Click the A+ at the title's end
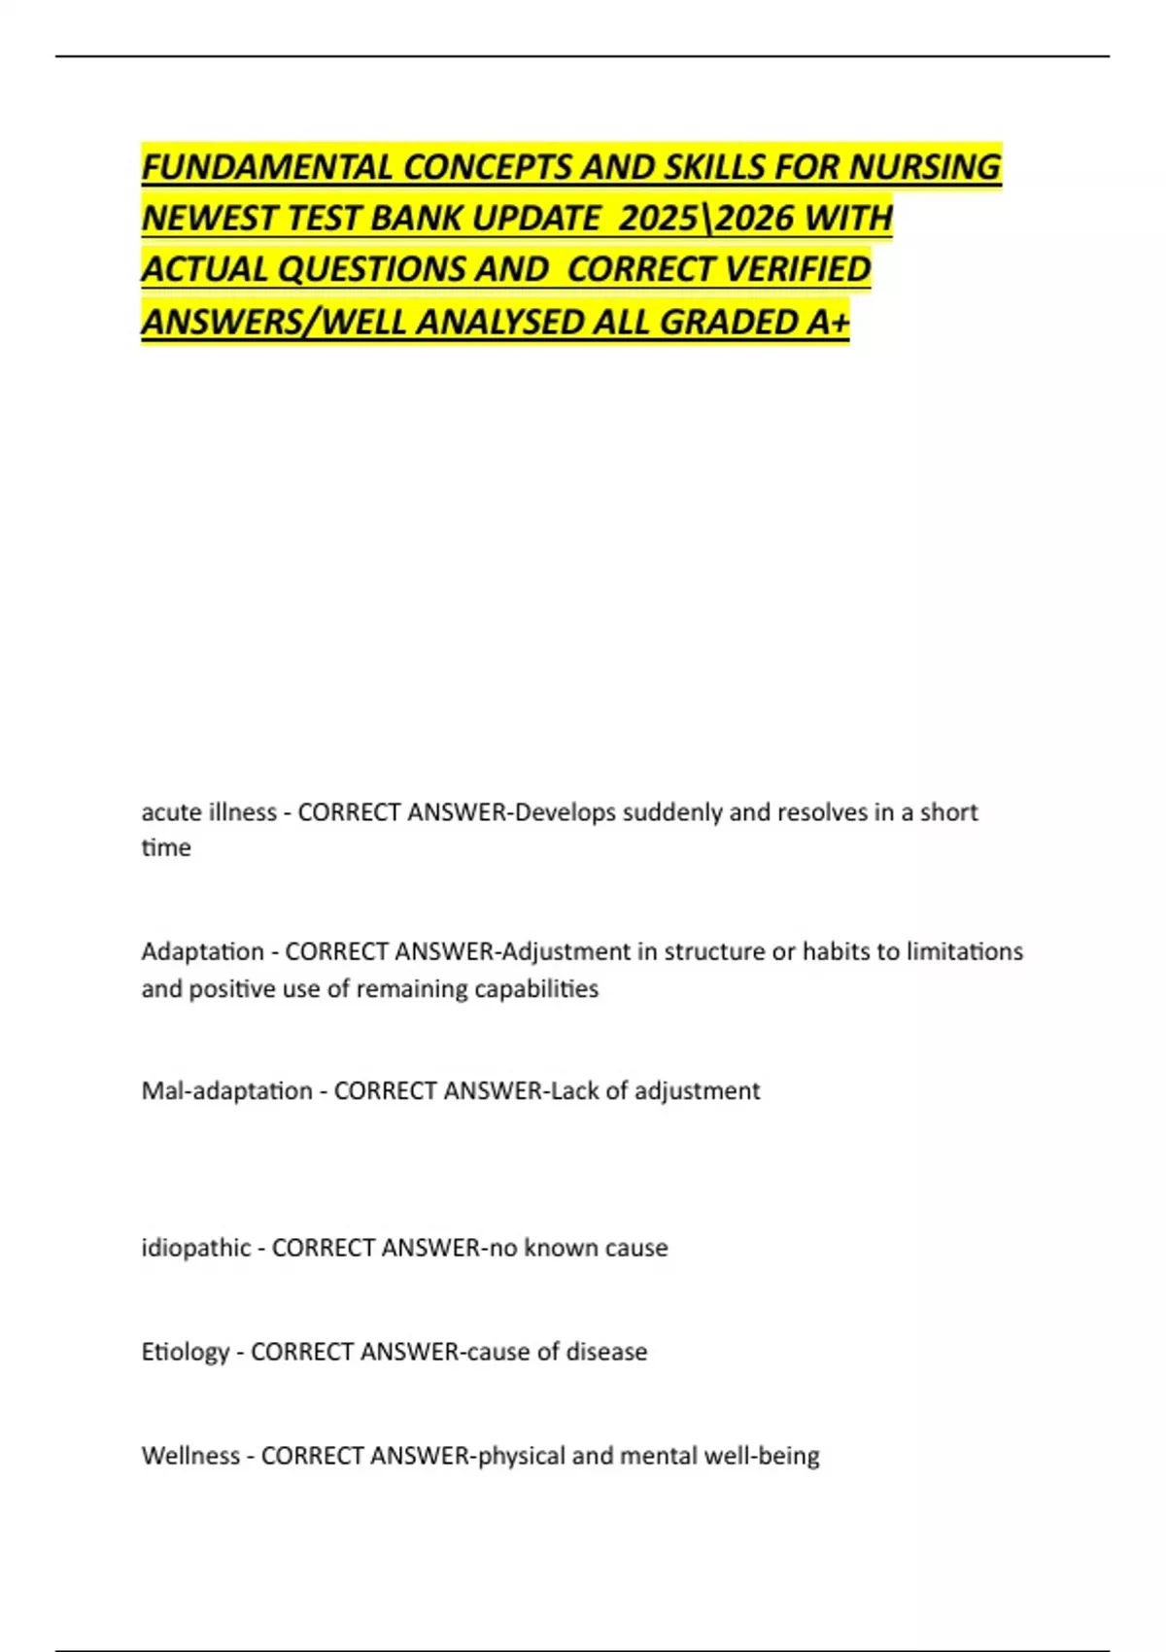[x=828, y=322]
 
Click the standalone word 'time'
[x=166, y=848]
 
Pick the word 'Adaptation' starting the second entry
[x=202, y=951]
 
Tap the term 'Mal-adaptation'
[x=226, y=1091]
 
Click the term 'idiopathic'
[x=195, y=1248]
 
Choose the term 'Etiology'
[x=185, y=1352]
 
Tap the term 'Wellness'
[x=190, y=1456]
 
